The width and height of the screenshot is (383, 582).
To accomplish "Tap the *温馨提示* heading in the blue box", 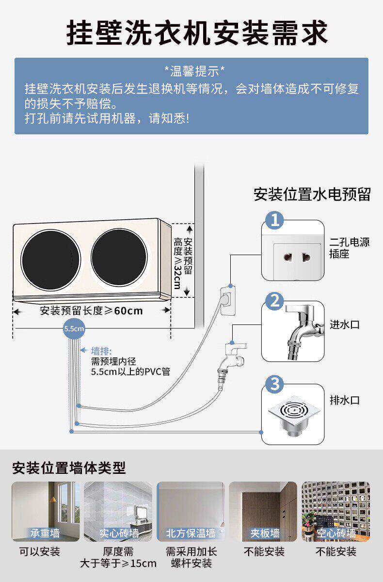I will coord(191,72).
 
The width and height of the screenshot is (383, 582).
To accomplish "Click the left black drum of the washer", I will coord(50,258).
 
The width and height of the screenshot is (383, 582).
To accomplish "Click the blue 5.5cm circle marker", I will coord(74,329).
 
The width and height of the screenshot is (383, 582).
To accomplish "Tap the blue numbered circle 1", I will coord(275,222).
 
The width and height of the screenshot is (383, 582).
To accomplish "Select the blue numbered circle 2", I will coord(275,302).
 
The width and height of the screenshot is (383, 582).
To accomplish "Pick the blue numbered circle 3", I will coord(275,385).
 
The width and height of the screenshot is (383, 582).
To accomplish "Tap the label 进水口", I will coord(345,324).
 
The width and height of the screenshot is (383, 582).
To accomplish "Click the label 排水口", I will coord(345,401).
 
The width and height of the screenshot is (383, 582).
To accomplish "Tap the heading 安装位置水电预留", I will coord(312,194).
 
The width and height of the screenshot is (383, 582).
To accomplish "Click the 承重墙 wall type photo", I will coord(45,511).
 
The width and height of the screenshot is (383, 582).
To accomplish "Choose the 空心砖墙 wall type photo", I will coord(335,511).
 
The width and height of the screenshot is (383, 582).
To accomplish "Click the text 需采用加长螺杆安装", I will coord(191,557).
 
